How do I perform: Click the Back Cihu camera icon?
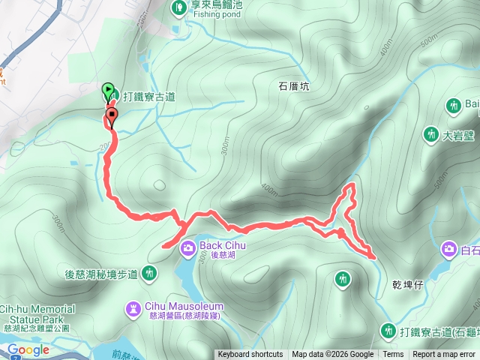188,246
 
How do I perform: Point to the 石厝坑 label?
295,86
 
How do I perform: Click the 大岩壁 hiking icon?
430,135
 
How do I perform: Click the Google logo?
28,350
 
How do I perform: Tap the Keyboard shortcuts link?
250,355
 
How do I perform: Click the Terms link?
393,355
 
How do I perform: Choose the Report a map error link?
444,355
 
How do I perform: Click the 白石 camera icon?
449,249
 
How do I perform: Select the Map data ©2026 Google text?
332,355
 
